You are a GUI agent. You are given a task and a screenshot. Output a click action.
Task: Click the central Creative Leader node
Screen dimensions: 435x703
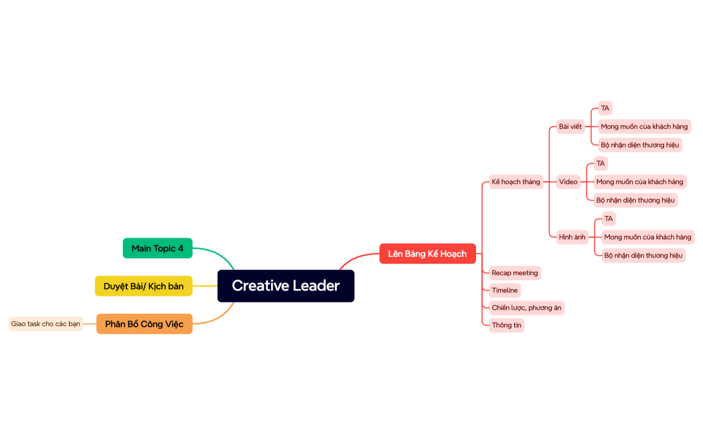point(286,286)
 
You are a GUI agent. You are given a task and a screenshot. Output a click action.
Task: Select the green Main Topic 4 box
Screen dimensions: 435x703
point(157,248)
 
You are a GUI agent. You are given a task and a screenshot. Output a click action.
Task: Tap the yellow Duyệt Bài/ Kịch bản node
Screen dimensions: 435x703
point(143,286)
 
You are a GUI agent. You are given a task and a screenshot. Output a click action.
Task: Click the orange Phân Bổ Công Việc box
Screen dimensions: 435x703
point(144,324)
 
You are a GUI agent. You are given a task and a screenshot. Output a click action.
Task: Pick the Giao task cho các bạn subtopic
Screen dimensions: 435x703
point(46,324)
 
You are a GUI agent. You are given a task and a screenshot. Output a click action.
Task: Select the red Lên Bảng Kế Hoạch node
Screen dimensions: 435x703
point(427,254)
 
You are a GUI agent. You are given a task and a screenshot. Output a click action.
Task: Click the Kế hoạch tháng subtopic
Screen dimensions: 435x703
point(516,181)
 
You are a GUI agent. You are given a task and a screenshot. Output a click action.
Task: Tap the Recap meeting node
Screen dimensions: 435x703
point(514,273)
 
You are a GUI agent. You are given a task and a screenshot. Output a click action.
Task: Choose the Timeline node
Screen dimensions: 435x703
point(504,290)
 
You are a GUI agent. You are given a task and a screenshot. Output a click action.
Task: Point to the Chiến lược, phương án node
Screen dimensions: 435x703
point(526,308)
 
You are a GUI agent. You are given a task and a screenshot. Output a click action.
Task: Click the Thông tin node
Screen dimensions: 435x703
point(506,325)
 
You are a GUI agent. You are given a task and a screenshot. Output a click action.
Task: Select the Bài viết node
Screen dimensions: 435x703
point(570,126)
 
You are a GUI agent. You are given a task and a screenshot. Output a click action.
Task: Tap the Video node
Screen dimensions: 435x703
point(568,181)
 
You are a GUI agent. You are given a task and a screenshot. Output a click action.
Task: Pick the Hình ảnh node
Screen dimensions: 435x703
point(572,237)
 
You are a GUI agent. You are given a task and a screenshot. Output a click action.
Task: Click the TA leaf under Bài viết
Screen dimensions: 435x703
point(605,108)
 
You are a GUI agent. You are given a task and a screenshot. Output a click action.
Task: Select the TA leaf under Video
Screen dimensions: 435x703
point(601,163)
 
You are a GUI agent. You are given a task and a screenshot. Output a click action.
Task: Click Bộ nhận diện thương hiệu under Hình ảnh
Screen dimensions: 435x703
point(643,255)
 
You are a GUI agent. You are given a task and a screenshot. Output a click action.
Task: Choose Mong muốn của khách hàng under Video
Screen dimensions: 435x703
point(639,181)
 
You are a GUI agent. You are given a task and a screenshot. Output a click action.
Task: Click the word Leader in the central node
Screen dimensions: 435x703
point(316,286)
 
